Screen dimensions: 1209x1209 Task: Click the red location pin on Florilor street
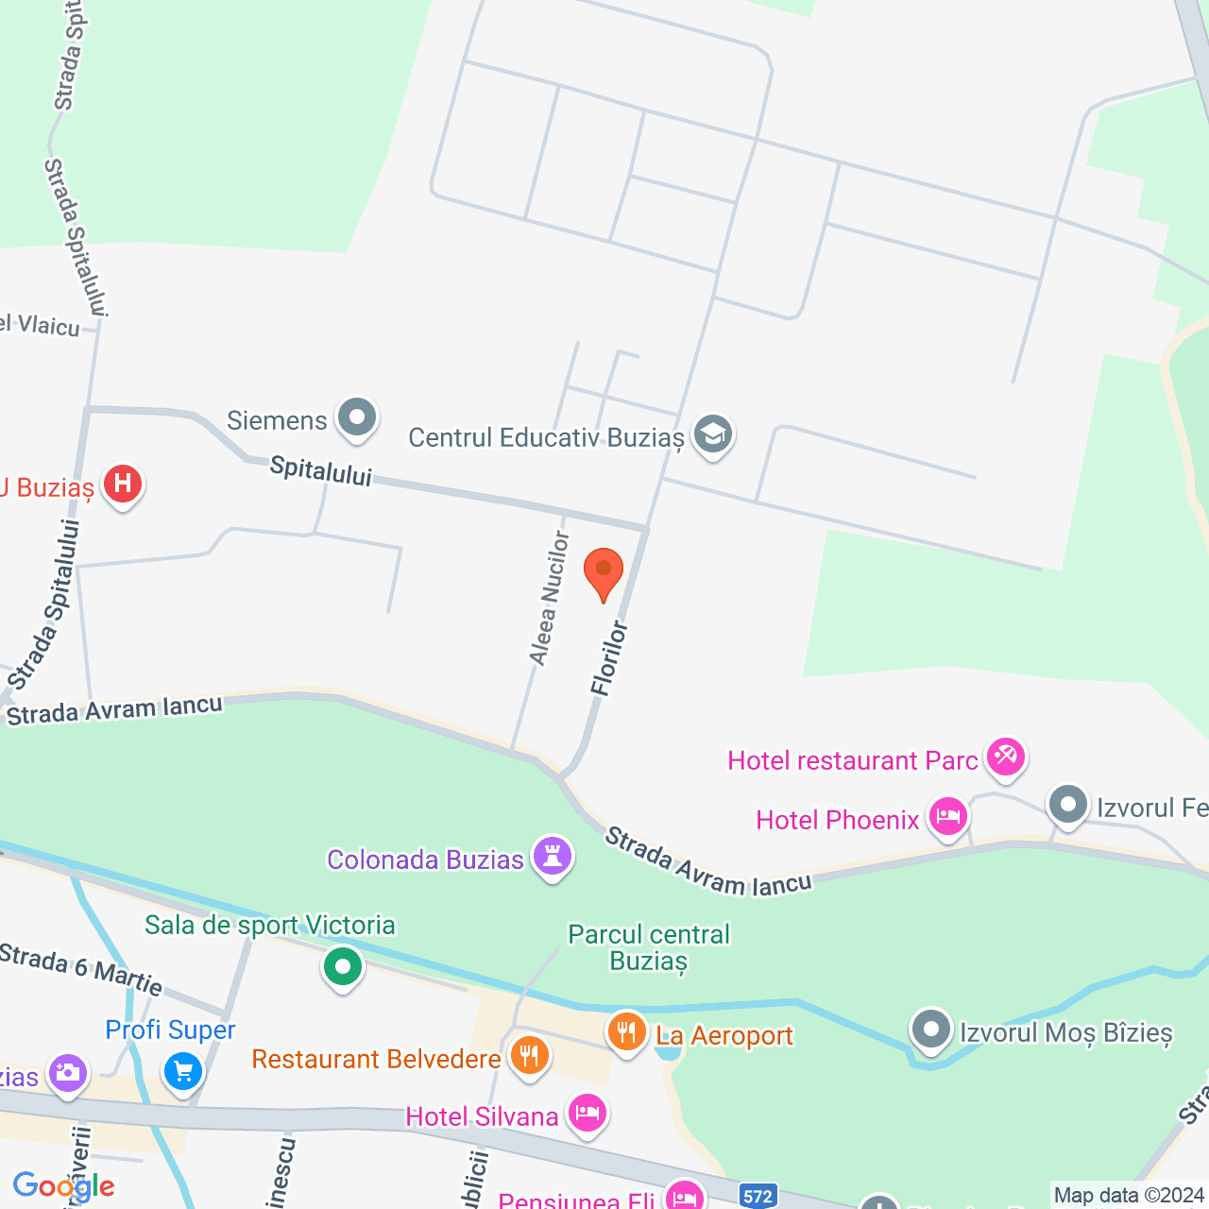[604, 571]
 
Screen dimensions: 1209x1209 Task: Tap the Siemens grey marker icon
[357, 417]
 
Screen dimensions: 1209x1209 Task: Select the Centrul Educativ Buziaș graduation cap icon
[713, 434]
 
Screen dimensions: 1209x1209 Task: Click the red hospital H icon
[123, 485]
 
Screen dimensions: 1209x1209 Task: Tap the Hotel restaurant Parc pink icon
[1005, 757]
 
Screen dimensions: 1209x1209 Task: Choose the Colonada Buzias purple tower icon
[553, 857]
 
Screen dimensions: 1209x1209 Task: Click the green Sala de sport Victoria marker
[343, 966]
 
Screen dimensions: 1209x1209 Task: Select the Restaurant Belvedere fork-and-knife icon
[529, 1055]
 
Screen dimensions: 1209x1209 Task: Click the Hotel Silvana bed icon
[587, 1114]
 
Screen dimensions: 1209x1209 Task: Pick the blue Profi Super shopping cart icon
[183, 1072]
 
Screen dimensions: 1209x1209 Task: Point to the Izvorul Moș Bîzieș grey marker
[931, 1030]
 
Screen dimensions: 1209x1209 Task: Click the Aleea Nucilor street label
[550, 598]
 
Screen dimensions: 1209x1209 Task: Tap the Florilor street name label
[609, 658]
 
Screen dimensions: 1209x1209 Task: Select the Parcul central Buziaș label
[649, 947]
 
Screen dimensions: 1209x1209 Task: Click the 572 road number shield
[758, 1197]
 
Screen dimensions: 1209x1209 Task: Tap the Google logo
[63, 1186]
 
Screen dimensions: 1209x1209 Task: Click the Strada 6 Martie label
[81, 969]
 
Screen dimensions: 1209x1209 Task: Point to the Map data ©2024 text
[1129, 1196]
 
